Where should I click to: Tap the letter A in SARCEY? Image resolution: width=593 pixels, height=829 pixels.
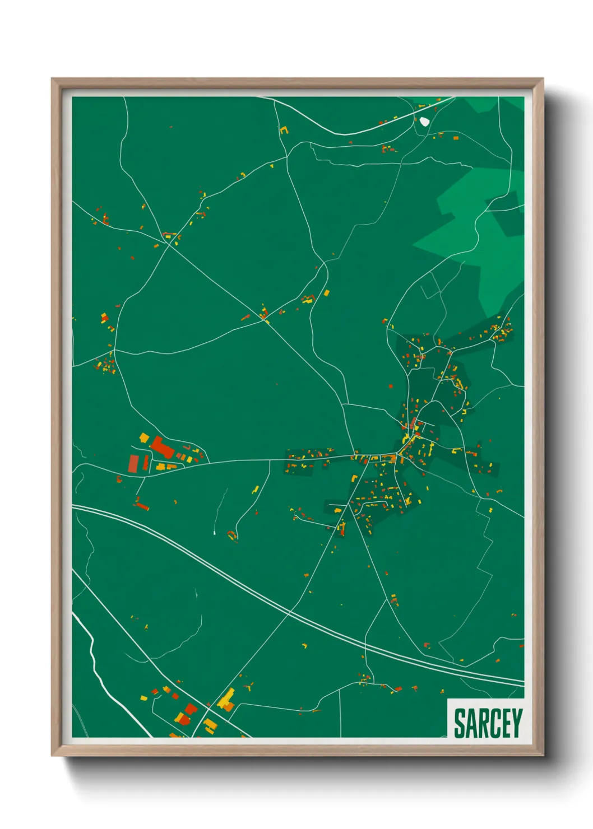(471, 723)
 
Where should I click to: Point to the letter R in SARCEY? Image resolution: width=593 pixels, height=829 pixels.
(483, 723)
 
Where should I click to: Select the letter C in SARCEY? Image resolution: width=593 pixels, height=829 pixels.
(494, 723)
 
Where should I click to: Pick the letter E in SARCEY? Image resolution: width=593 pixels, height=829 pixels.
(506, 723)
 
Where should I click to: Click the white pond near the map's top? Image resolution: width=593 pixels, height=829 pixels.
(424, 121)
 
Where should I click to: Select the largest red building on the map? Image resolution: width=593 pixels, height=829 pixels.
(161, 448)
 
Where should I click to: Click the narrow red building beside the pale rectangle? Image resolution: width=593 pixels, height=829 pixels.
(146, 463)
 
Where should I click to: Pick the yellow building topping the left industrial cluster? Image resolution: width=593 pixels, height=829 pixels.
(144, 437)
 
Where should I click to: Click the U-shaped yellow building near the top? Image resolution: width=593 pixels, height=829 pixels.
(284, 131)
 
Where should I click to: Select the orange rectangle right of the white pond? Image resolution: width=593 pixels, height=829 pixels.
(455, 137)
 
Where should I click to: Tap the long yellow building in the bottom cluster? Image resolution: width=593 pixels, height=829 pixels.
(226, 698)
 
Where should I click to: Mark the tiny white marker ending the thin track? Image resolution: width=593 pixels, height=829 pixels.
(215, 532)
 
